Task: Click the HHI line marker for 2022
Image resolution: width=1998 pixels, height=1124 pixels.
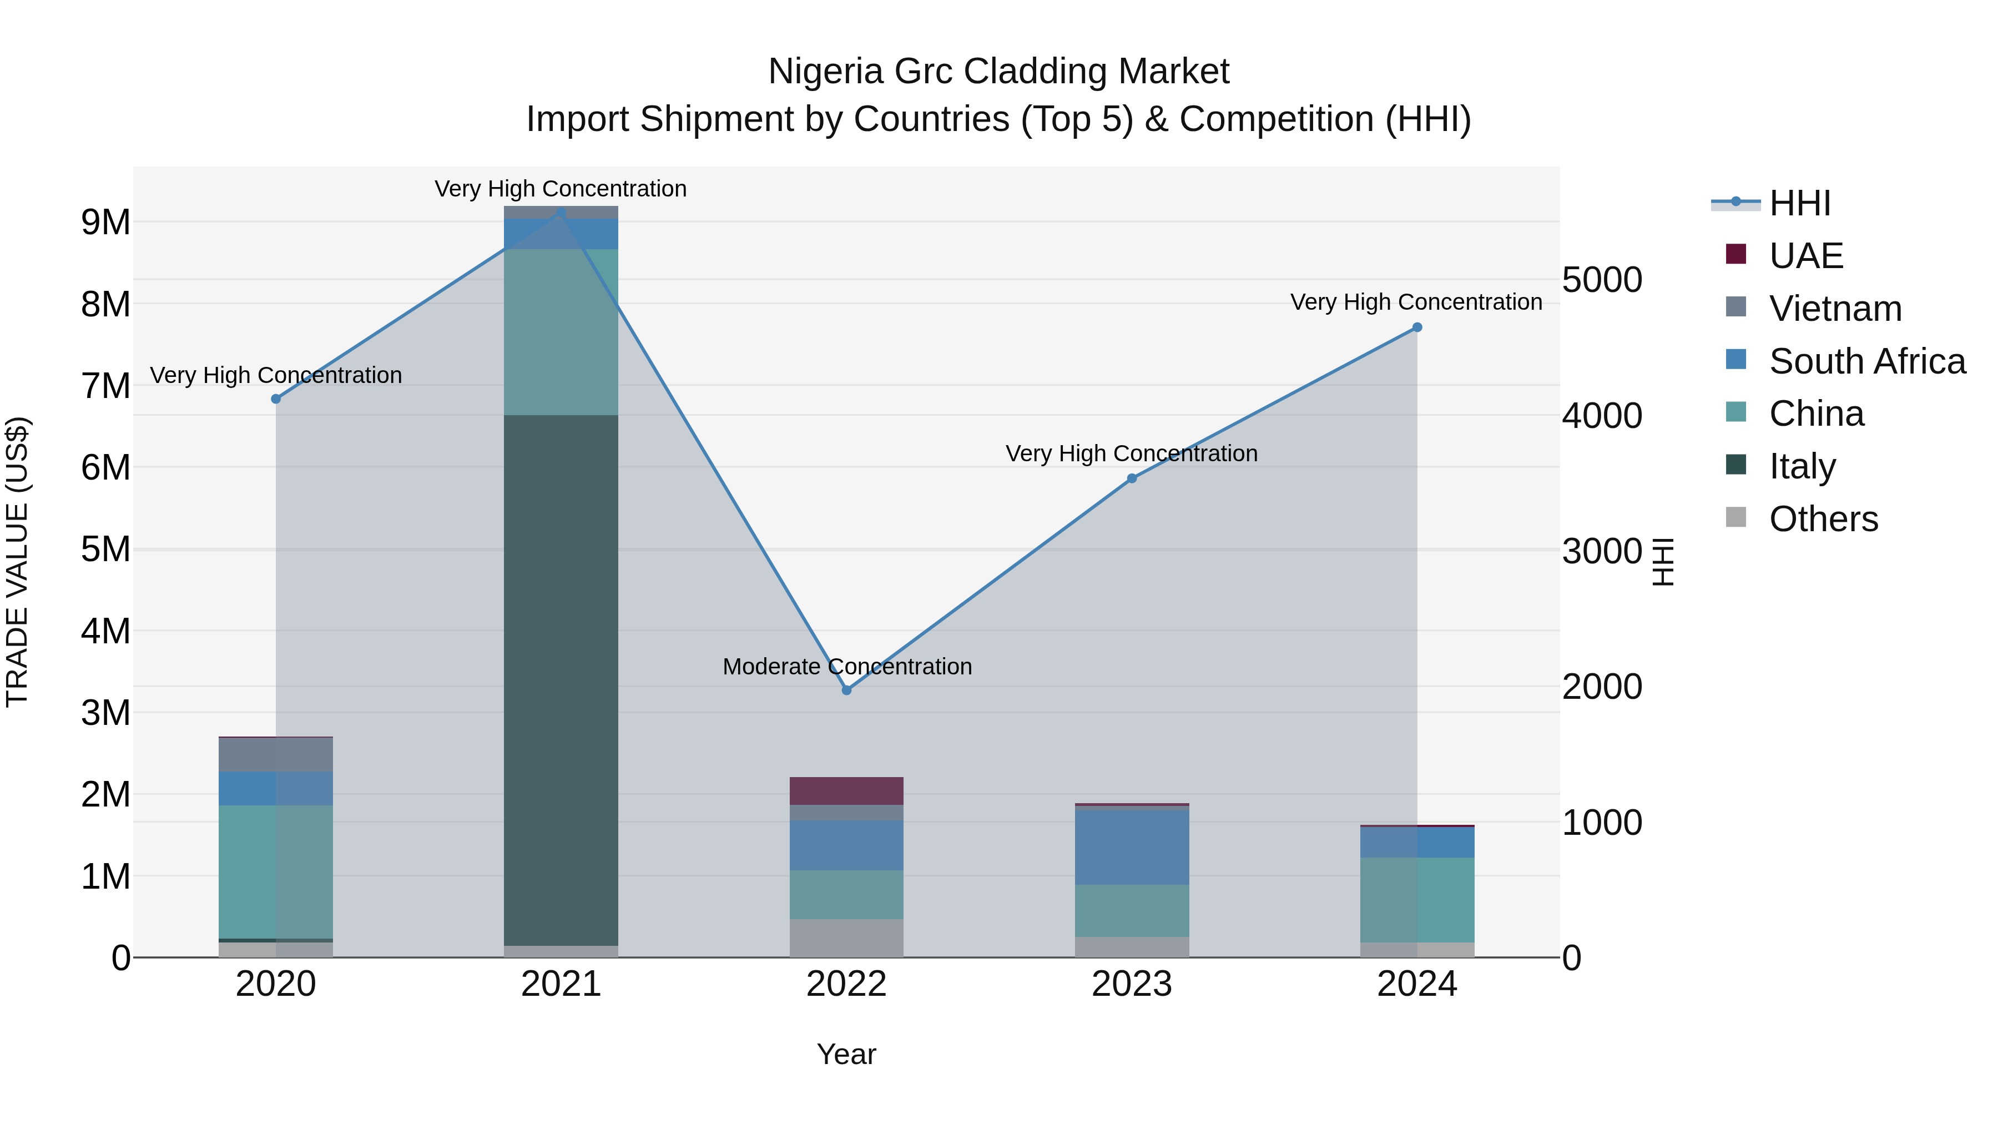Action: point(846,689)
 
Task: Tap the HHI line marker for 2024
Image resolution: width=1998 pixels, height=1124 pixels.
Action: point(1416,327)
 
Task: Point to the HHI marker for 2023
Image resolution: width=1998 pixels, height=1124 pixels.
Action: point(1132,478)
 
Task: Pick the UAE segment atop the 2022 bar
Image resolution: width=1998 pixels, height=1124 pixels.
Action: point(846,790)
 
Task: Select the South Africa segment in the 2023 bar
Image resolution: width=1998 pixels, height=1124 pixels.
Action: point(1132,846)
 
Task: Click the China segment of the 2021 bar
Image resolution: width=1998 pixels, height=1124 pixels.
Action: point(561,332)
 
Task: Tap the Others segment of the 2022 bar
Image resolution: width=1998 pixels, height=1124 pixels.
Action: point(846,938)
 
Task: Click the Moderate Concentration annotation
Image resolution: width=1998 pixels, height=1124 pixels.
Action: point(847,666)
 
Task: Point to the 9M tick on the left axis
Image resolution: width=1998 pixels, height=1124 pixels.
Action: point(105,223)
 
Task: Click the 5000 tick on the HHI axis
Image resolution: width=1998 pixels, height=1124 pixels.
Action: point(1602,280)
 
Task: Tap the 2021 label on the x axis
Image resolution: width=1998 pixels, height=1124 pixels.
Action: point(561,984)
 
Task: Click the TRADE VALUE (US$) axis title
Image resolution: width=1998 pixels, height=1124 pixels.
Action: point(17,562)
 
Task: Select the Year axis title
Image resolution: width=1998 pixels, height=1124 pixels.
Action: point(846,1054)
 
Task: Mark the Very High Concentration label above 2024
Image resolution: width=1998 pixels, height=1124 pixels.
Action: point(1416,302)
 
